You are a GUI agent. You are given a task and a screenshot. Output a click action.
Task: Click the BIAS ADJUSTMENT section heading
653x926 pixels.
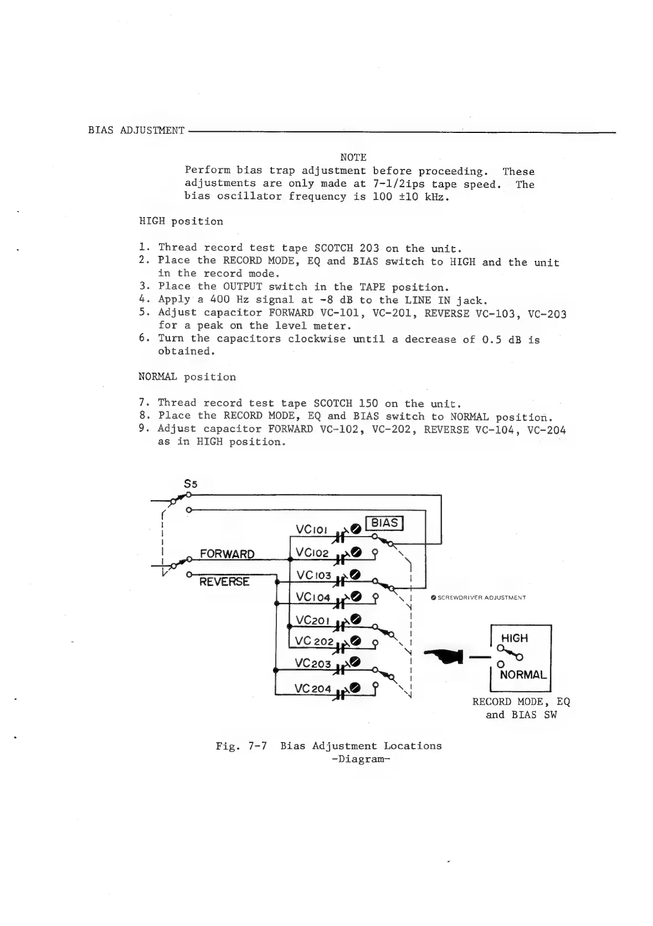coord(136,131)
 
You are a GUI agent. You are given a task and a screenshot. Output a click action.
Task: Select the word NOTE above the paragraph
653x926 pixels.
coord(353,158)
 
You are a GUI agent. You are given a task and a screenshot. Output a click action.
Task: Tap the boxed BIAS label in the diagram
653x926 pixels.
coord(384,523)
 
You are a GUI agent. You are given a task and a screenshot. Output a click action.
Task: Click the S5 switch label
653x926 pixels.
coord(191,483)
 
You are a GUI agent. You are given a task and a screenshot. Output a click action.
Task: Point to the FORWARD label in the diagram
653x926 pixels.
coord(227,554)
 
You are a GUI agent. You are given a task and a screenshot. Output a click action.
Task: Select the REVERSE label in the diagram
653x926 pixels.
coord(224,582)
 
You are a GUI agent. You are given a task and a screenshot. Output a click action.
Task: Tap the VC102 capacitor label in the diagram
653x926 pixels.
coord(312,553)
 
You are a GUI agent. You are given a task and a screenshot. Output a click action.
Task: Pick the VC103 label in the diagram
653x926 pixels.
coord(313,575)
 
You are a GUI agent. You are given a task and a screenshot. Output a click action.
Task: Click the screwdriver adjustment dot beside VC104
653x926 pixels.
coord(356,596)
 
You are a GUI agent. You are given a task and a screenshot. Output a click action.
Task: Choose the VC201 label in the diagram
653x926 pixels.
coord(313,620)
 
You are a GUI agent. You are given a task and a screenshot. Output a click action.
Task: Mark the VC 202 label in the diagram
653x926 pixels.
coord(314,641)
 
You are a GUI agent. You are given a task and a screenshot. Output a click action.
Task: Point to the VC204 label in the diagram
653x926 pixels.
coord(313,688)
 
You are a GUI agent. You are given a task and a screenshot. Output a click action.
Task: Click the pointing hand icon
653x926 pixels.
coord(444,656)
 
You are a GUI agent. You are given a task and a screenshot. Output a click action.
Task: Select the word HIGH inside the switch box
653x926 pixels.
coord(515,638)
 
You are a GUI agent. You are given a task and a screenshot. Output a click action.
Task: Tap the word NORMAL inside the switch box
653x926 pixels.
coord(523,675)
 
